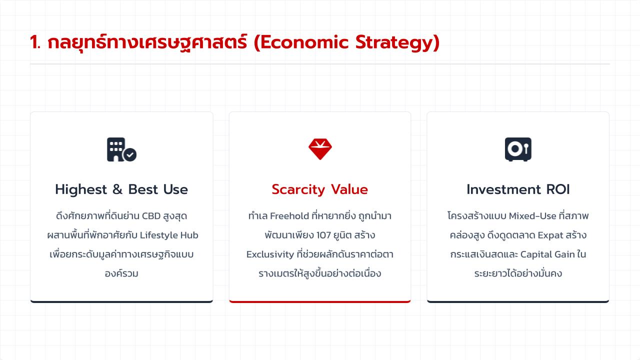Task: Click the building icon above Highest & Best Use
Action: pyautogui.click(x=121, y=149)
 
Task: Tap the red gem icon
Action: pyautogui.click(x=320, y=149)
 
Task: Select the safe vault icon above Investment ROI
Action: pyautogui.click(x=518, y=149)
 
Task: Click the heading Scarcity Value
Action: pyautogui.click(x=319, y=189)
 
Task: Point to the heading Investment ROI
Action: pyautogui.click(x=518, y=189)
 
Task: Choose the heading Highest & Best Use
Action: pyautogui.click(x=121, y=189)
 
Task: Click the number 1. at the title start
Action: pyautogui.click(x=35, y=42)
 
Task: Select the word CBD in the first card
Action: pyautogui.click(x=151, y=216)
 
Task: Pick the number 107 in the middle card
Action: pyautogui.click(x=323, y=235)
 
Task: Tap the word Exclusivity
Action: pyautogui.click(x=270, y=254)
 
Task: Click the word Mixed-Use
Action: pyautogui.click(x=532, y=216)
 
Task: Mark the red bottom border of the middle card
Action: pyautogui.click(x=319, y=301)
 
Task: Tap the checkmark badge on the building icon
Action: pyautogui.click(x=130, y=155)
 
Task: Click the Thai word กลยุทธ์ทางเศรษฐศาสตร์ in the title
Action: pyautogui.click(x=147, y=43)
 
